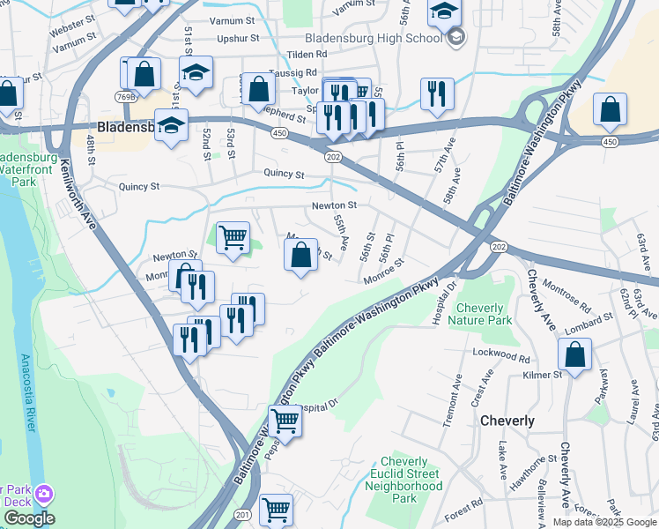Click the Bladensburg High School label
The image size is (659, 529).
click(373, 38)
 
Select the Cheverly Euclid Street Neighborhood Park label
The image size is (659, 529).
click(404, 480)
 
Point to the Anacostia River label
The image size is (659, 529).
click(26, 393)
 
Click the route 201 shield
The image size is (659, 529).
click(244, 514)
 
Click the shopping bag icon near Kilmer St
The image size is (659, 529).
click(574, 355)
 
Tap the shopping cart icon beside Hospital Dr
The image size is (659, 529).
click(285, 421)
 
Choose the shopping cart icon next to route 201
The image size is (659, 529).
click(277, 509)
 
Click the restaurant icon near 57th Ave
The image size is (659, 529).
click(436, 93)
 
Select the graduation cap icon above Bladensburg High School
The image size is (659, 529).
click(445, 11)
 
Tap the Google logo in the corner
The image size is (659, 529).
click(28, 518)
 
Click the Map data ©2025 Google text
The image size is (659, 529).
click(603, 522)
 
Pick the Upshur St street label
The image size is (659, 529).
click(238, 38)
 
